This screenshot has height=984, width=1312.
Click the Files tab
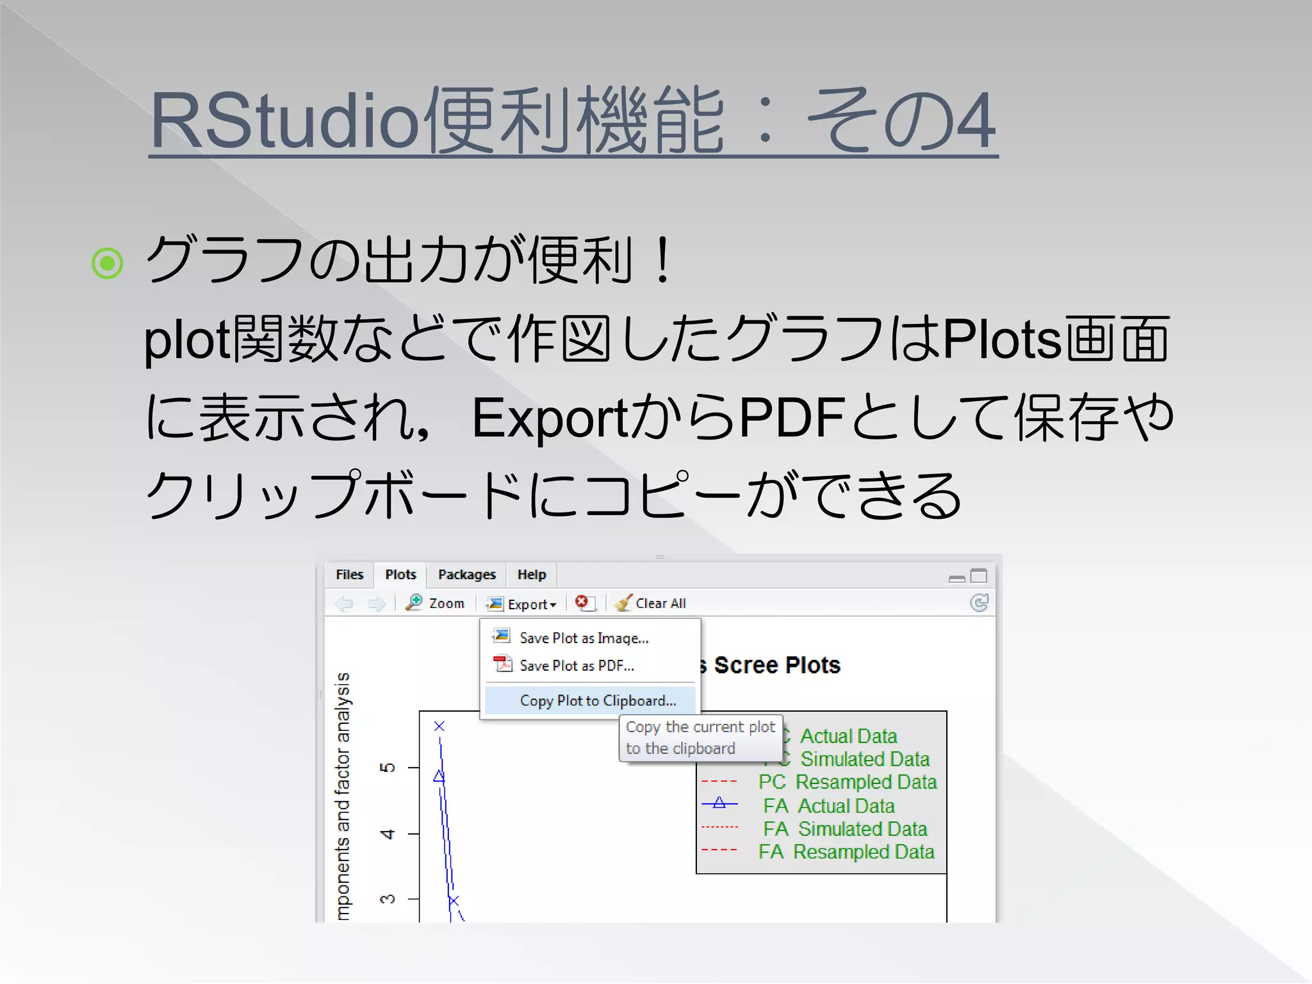(349, 575)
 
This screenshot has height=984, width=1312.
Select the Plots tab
(400, 575)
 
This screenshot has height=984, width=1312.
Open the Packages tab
(466, 575)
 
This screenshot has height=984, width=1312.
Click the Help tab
(532, 575)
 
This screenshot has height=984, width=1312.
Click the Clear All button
(651, 603)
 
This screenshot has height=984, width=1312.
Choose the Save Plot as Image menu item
(584, 638)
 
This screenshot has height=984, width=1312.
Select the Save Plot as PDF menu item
(577, 666)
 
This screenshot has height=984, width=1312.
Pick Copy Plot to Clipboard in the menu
(598, 701)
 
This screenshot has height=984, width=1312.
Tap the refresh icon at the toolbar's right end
(979, 603)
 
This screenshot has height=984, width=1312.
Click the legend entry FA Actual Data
(828, 806)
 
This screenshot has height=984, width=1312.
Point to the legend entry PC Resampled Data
(847, 782)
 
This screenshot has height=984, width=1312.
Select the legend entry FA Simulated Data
(844, 829)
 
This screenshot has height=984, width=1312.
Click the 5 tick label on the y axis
(388, 767)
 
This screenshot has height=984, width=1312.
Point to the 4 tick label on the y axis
(388, 834)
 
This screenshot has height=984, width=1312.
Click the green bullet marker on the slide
(107, 263)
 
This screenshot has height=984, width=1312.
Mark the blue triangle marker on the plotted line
(439, 776)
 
